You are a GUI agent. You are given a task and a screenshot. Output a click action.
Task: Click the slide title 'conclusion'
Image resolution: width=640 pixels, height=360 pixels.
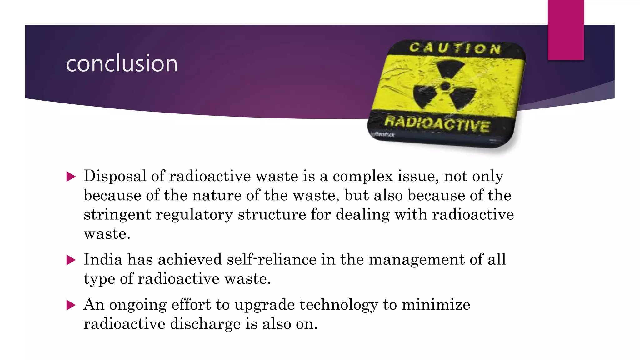(122, 63)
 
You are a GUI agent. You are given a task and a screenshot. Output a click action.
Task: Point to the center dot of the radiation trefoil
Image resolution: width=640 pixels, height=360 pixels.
(445, 86)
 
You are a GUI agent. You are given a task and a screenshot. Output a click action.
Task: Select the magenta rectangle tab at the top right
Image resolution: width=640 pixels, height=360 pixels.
(566, 30)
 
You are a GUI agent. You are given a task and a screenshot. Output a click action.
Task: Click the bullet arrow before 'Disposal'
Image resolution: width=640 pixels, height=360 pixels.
(71, 177)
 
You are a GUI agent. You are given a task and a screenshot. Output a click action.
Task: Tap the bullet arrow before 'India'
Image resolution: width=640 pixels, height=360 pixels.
(71, 260)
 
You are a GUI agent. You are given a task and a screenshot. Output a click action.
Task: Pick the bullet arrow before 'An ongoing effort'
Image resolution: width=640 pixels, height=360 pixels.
(71, 305)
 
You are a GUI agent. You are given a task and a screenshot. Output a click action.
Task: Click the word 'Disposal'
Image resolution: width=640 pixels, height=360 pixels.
(115, 176)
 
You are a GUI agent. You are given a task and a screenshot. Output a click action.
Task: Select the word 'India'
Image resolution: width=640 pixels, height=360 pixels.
(103, 260)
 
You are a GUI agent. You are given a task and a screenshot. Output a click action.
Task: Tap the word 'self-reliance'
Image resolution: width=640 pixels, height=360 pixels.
(272, 260)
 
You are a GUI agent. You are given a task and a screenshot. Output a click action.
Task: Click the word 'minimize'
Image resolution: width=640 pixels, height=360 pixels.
(436, 305)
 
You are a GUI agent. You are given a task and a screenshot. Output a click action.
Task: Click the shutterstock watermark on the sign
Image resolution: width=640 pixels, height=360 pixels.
(382, 134)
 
